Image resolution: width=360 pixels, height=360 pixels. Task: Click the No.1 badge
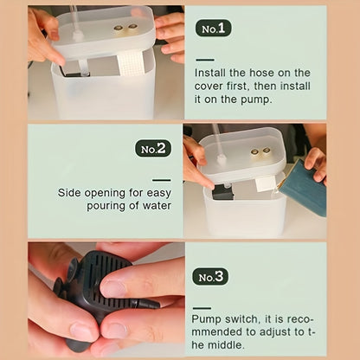[214, 29]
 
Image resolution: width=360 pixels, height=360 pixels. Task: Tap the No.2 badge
[153, 149]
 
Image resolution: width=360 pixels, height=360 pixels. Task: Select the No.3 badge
[210, 277]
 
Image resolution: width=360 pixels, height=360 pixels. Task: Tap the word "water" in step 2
[157, 206]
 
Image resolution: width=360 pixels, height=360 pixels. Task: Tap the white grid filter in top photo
[129, 64]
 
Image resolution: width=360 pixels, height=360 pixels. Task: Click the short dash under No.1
[205, 60]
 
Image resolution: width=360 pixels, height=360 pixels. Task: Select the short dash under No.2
[162, 180]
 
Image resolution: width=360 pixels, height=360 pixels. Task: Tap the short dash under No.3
[202, 308]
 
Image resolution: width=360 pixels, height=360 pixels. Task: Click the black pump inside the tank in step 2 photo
[222, 193]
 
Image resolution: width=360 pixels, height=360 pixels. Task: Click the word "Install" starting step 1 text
[209, 73]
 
